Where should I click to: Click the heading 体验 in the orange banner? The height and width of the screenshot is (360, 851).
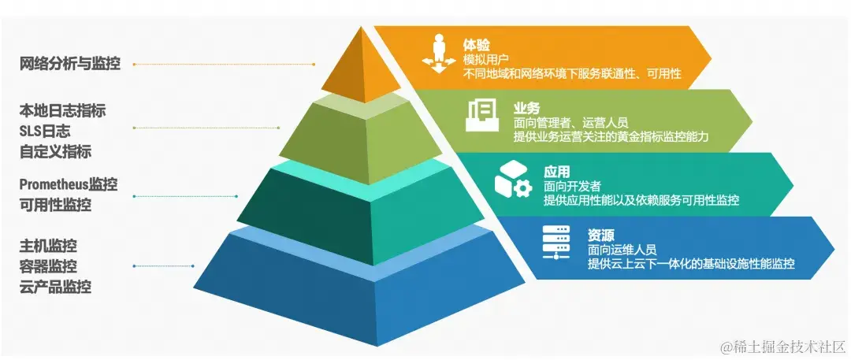pos(474,44)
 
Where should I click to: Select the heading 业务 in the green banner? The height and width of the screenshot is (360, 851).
pos(526,107)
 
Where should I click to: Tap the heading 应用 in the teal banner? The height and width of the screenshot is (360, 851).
pos(556,171)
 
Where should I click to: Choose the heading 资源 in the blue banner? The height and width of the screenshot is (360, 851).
pos(600,234)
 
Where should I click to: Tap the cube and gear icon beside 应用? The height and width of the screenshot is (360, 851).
pos(513,180)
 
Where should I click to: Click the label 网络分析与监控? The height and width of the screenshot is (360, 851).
pos(70,64)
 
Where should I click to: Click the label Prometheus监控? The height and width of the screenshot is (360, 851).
pos(69,185)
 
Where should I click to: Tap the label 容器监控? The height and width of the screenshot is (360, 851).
pos(48,266)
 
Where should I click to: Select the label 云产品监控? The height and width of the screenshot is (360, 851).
pos(55,287)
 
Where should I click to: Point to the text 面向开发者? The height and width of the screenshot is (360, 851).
pos(572,186)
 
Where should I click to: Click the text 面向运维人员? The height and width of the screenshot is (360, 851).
pos(622,249)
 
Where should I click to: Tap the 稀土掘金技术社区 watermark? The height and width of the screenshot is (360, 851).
pos(779,346)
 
